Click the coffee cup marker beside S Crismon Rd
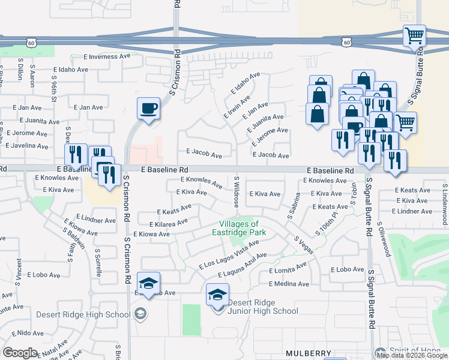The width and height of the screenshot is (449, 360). tap(148, 109)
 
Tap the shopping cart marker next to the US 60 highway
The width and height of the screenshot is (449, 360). tap(414, 35)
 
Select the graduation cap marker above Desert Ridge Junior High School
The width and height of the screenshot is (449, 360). tap(217, 294)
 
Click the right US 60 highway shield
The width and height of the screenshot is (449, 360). tap(346, 42)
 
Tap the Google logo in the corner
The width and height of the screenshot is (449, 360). tap(20, 352)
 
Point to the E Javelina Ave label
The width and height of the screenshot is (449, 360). tap(27, 146)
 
